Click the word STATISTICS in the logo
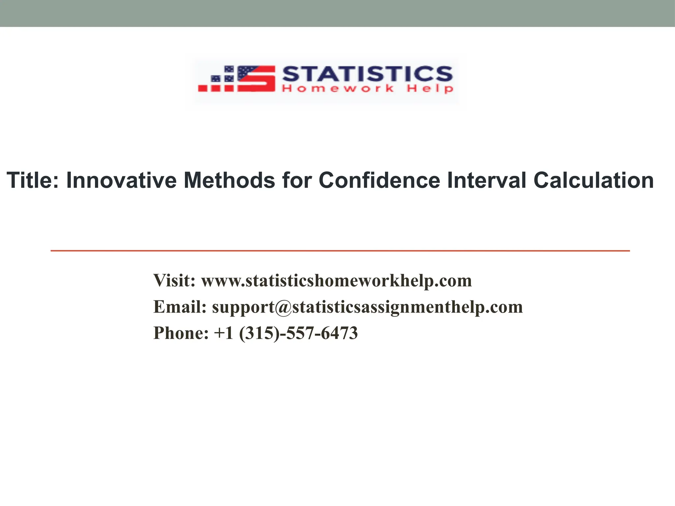(x=367, y=73)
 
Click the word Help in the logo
(x=430, y=89)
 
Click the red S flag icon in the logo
(x=256, y=78)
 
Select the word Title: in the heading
(x=33, y=180)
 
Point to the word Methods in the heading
(x=229, y=180)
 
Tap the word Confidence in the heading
(x=379, y=180)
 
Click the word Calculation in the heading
(x=594, y=180)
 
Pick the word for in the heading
(x=297, y=180)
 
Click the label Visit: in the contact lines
(x=174, y=280)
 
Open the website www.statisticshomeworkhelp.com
(x=337, y=280)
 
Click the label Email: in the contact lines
(x=180, y=307)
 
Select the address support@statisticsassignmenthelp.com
(x=367, y=307)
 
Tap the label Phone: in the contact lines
(x=181, y=333)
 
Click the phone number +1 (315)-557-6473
(x=286, y=333)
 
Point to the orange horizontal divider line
(x=340, y=251)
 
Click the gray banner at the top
(x=337, y=13)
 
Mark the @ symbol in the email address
(x=283, y=307)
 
